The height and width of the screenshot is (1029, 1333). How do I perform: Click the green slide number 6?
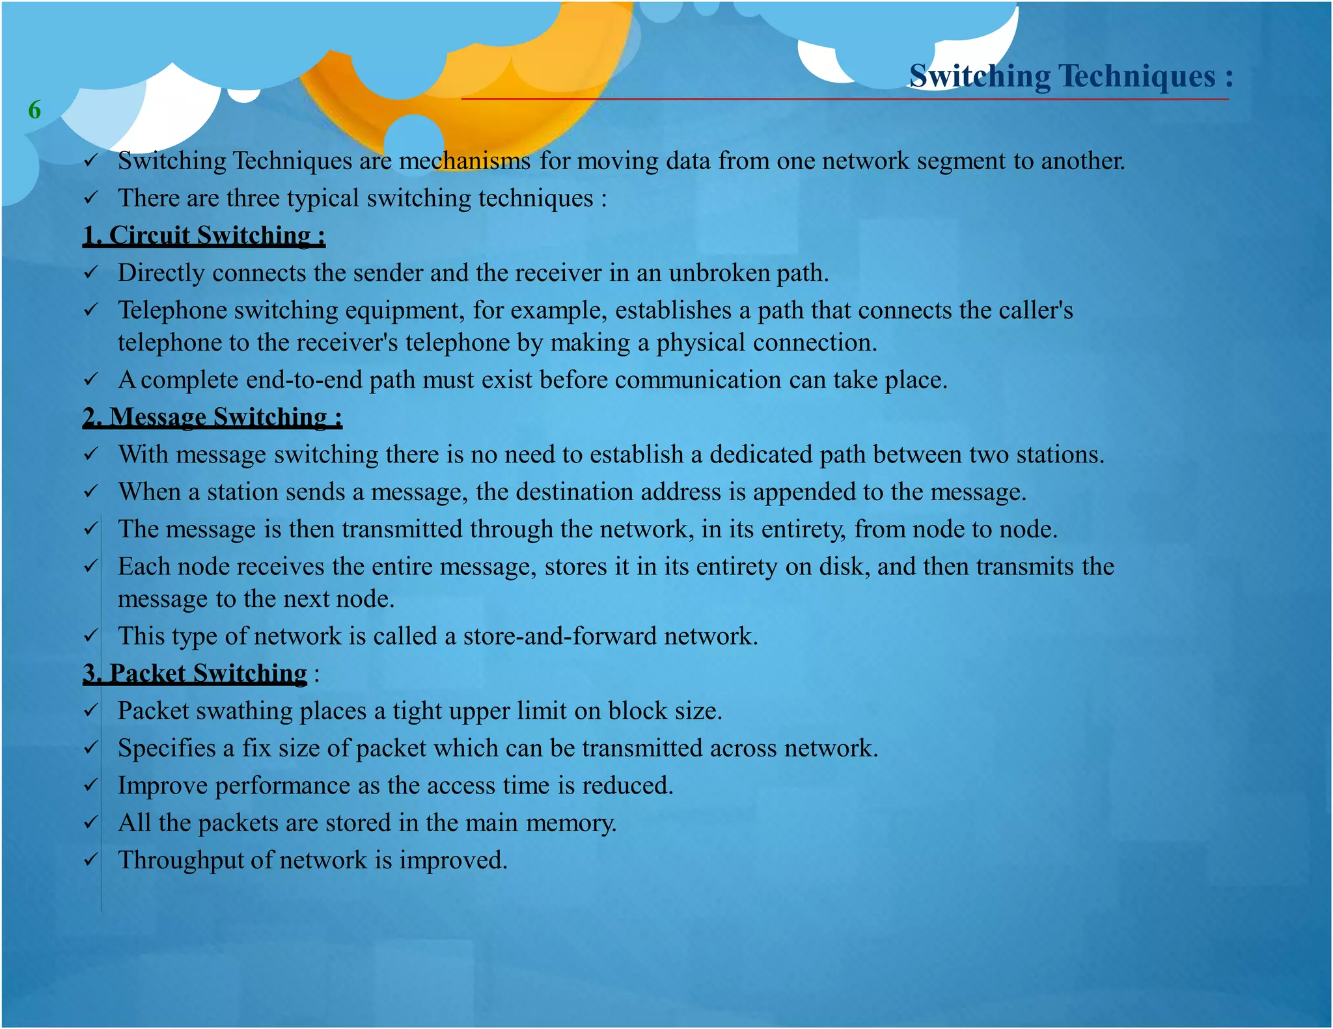pos(34,110)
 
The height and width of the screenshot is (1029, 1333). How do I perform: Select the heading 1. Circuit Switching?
pos(204,235)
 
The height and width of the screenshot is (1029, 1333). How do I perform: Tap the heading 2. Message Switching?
pos(212,417)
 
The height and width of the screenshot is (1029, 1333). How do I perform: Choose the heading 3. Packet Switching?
pos(195,673)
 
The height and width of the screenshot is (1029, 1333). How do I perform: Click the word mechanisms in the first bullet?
pos(464,161)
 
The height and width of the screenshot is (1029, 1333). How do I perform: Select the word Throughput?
pos(180,861)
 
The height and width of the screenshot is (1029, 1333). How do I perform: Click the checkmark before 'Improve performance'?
pos(91,786)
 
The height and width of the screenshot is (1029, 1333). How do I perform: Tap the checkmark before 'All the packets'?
pos(91,823)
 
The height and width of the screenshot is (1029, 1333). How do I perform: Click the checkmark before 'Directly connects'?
pos(91,273)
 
